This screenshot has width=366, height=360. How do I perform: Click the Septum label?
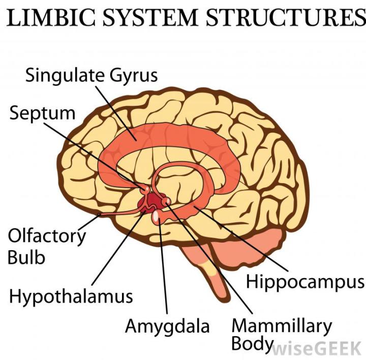pyautogui.click(x=42, y=113)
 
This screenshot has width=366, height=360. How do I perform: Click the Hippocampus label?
pyautogui.click(x=306, y=282)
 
